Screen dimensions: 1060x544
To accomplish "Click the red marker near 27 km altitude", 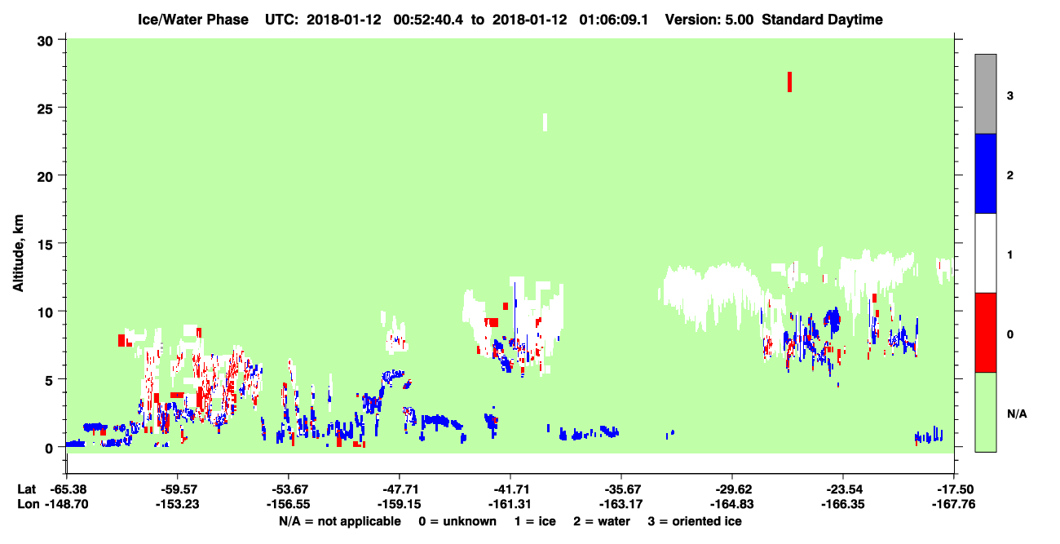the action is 790,82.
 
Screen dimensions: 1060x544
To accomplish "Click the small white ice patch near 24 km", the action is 545,122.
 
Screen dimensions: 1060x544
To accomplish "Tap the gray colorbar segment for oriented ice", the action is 986,94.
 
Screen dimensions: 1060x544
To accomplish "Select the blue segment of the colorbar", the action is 986,173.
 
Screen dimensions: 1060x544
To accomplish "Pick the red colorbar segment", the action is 986,333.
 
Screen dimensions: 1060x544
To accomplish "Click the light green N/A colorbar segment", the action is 986,412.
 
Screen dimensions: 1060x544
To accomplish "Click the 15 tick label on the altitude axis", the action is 45,245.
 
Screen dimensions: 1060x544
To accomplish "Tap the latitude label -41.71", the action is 510,489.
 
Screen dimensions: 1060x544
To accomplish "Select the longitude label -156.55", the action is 288,504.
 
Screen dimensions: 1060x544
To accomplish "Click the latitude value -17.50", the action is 954,489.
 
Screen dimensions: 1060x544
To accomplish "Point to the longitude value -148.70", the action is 66,504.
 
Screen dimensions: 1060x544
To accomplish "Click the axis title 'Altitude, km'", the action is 18,254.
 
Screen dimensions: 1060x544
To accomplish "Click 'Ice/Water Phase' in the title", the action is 193,20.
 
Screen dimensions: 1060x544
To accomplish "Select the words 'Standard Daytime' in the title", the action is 823,20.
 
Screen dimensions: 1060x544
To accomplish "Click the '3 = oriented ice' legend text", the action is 695,521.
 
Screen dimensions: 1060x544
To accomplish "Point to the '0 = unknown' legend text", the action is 457,521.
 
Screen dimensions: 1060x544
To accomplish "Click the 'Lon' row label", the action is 28,504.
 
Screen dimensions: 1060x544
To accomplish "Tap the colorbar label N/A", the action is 1017,414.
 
